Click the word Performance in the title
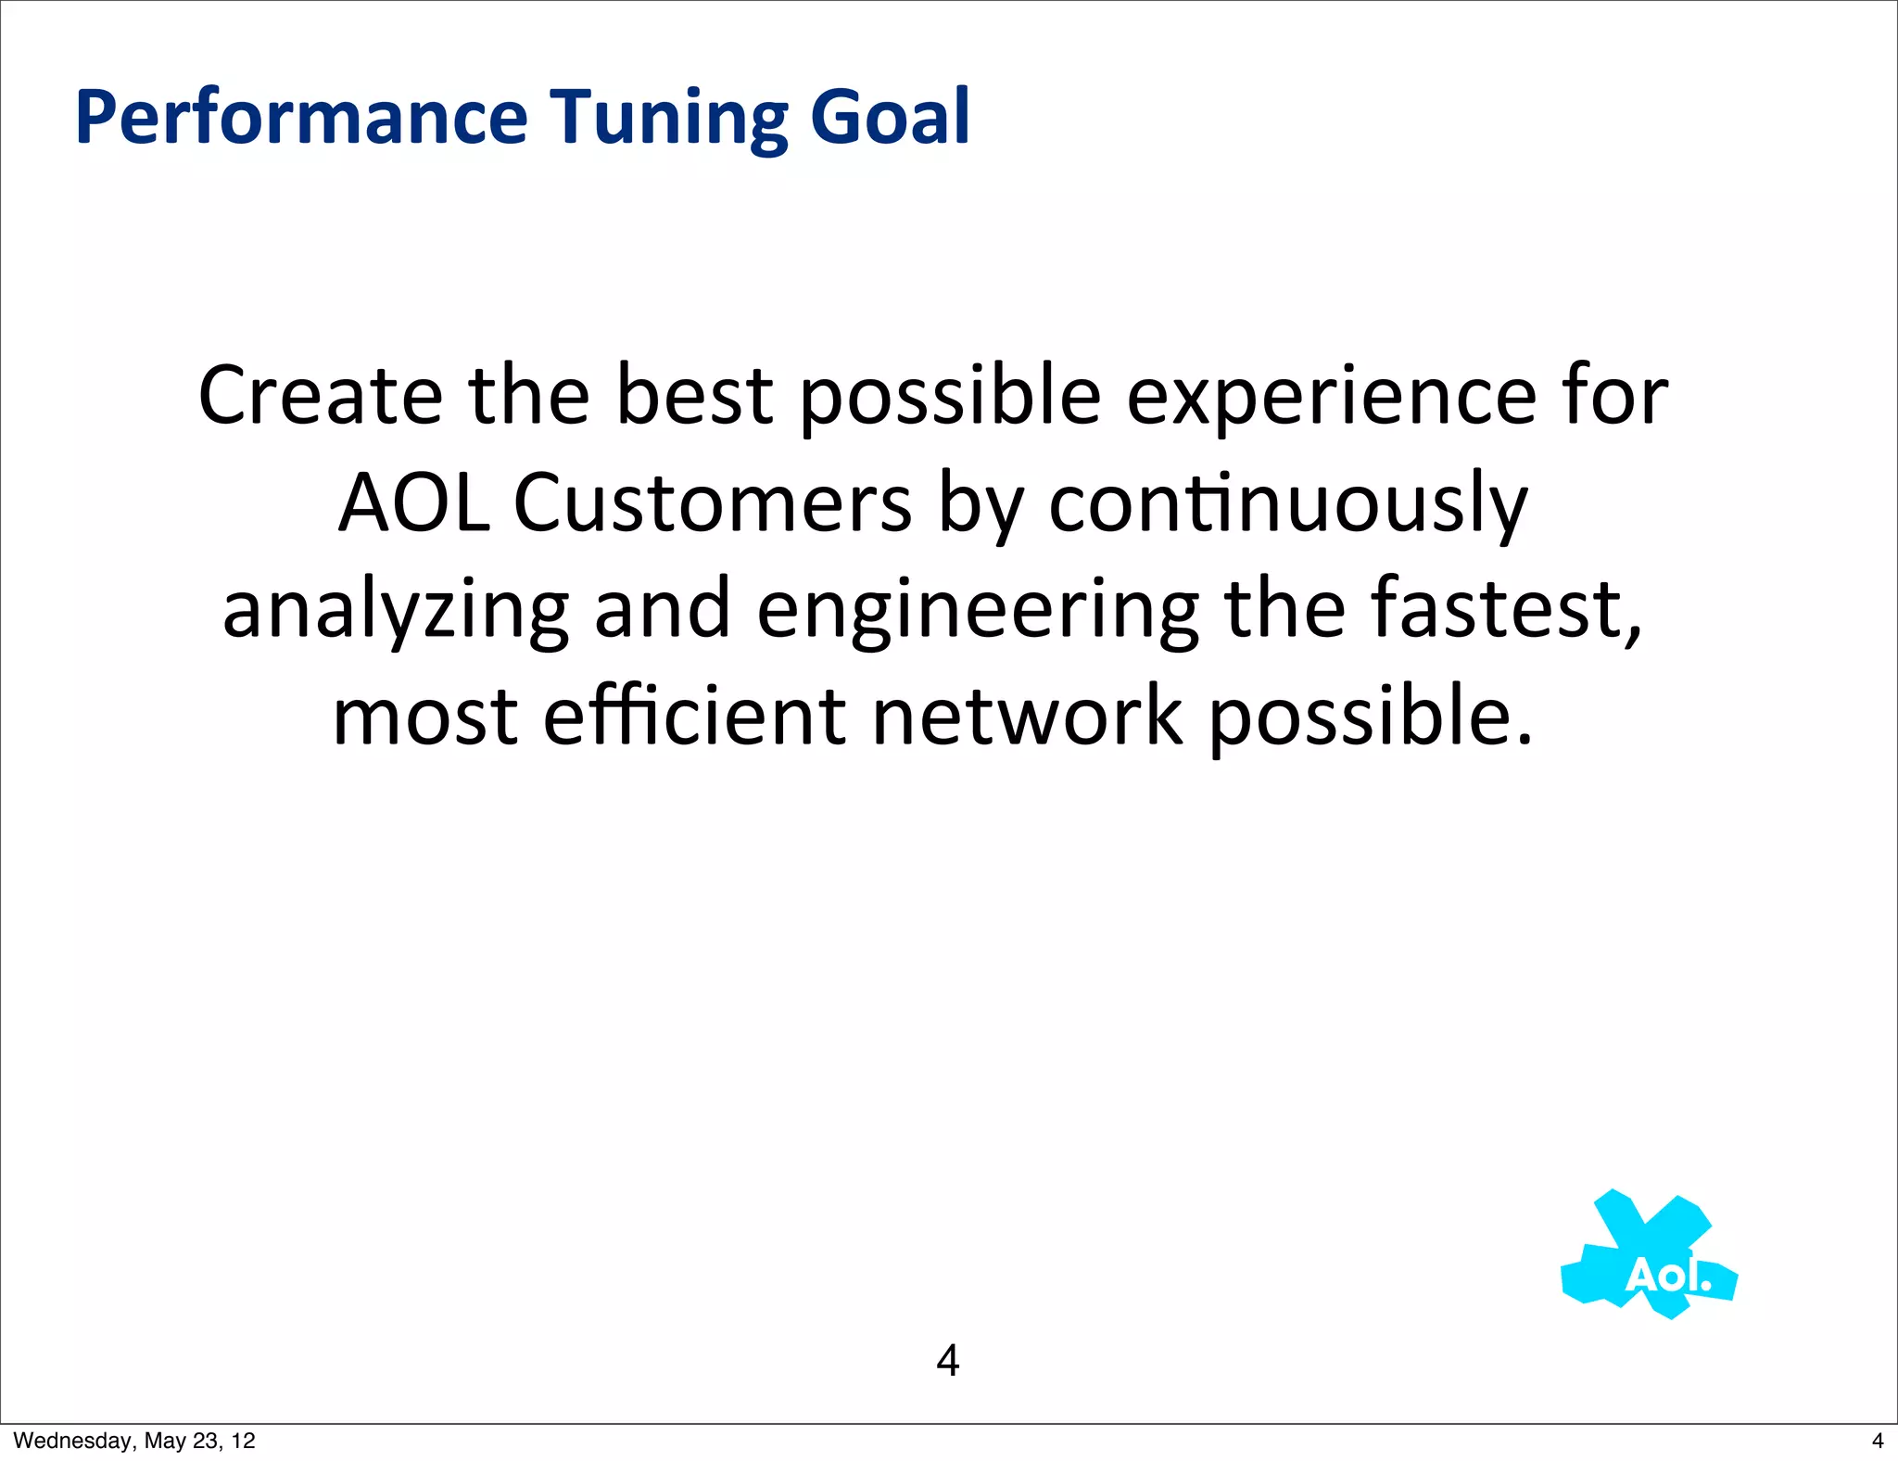301,118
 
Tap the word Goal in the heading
890,118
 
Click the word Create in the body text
320,396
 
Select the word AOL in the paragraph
413,503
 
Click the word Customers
712,503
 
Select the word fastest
1506,609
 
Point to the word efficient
694,717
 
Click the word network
1027,717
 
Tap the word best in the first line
694,396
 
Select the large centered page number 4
947,1360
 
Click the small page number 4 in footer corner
1878,1441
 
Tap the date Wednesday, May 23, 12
134,1441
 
